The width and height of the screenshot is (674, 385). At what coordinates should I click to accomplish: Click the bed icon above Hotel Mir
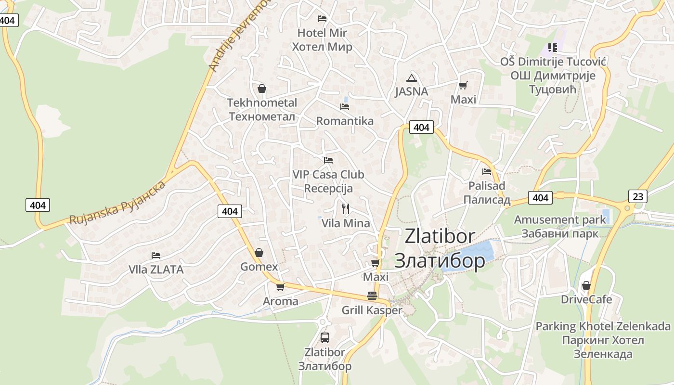pos(322,19)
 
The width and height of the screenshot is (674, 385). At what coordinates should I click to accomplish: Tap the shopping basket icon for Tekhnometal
pos(262,89)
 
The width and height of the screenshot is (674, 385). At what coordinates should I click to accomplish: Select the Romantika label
pos(345,121)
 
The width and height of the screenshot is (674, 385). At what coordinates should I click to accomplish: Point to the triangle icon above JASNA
pos(411,78)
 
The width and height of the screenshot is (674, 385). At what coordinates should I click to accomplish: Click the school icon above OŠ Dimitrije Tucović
pos(552,47)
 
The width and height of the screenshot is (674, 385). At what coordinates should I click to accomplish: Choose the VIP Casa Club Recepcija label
pos(328,181)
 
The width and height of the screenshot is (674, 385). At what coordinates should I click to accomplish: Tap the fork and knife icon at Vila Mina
pos(345,208)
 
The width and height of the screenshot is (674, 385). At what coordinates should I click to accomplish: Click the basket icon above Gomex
pos(259,253)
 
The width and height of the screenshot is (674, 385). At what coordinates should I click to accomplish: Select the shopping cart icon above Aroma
pos(280,287)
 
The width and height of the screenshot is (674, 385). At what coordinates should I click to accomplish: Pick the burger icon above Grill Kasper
pos(372,295)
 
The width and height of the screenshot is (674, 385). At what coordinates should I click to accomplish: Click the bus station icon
pos(325,337)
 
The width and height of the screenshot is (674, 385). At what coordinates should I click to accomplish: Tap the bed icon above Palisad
pos(487,171)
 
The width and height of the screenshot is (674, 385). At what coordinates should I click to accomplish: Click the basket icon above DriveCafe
pos(586,285)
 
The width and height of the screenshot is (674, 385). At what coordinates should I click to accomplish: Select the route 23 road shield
pos(637,196)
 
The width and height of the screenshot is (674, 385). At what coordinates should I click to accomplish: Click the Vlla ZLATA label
pos(156,269)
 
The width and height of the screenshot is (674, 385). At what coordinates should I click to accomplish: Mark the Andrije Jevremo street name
pos(239,36)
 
